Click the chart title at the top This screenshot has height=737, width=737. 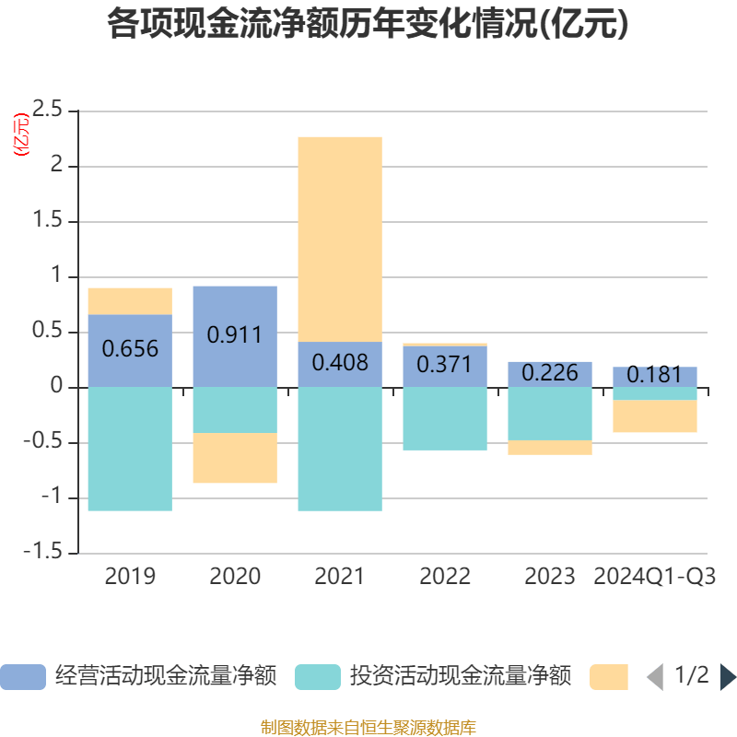click(368, 25)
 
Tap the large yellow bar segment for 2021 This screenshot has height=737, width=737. click(340, 239)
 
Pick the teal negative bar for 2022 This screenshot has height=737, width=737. click(445, 418)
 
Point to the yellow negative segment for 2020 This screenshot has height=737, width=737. click(235, 458)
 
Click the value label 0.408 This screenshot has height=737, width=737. click(340, 363)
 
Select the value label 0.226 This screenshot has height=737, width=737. click(550, 373)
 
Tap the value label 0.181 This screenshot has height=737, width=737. click(655, 376)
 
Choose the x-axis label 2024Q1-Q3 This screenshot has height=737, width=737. click(655, 577)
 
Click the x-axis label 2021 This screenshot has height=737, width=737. click(340, 577)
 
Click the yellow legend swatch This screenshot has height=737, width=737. click(608, 677)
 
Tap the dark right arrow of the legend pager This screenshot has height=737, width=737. click(728, 677)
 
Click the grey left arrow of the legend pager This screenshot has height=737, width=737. click(655, 677)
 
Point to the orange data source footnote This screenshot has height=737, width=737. click(368, 728)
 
